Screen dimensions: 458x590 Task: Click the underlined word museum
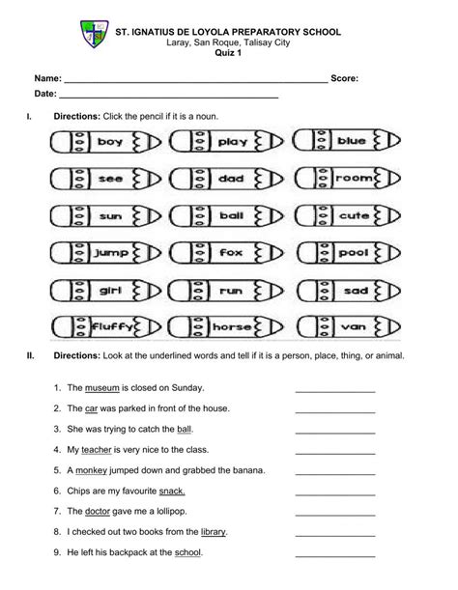101,388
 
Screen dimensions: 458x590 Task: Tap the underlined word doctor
102,511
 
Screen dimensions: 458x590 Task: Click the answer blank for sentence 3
334,430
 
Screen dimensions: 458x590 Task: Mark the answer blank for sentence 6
334,492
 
